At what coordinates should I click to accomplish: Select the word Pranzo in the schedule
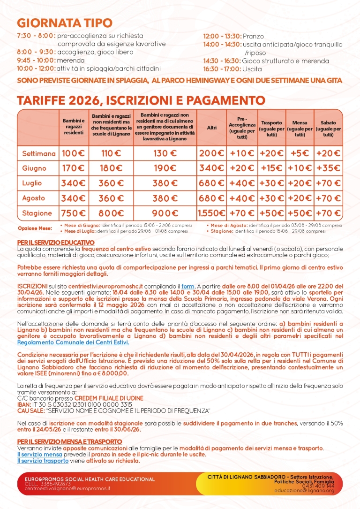[x=253, y=36]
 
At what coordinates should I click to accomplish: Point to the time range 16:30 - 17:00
[x=222, y=68]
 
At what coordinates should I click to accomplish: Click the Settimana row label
[x=39, y=153]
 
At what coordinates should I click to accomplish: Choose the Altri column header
[x=211, y=128]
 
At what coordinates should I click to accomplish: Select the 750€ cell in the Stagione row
[x=74, y=213]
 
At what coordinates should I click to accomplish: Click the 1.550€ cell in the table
[x=211, y=213]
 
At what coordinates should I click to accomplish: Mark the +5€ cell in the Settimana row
[x=300, y=153]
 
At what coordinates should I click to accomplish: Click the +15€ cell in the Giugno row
[x=271, y=168]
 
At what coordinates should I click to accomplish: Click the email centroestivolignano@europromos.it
[x=67, y=488]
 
